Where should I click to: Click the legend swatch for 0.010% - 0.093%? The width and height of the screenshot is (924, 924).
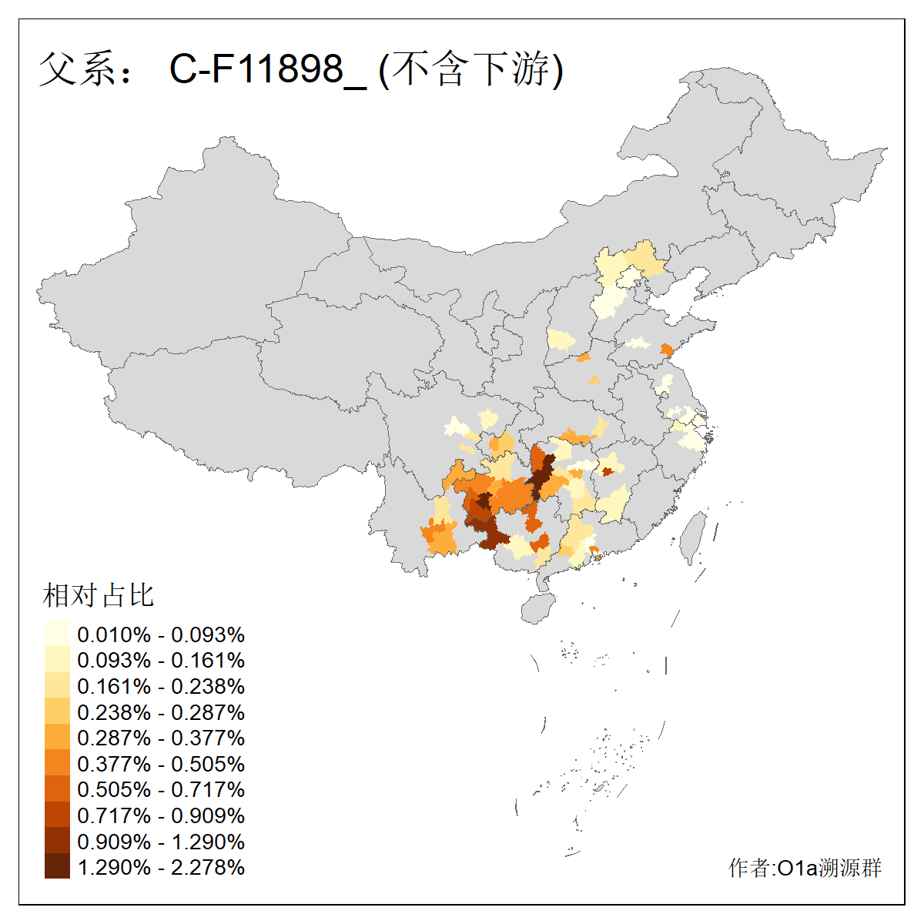pos(57,634)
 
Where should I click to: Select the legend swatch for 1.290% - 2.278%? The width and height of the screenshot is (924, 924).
pos(57,866)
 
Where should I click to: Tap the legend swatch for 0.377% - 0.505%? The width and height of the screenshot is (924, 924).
pos(57,763)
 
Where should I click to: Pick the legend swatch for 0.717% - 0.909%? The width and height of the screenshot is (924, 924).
pos(57,815)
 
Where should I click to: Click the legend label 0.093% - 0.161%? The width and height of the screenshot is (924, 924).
pos(161,660)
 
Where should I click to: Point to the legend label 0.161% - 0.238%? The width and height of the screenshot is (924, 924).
pos(161,686)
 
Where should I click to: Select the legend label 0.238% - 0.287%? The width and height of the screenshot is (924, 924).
pos(161,712)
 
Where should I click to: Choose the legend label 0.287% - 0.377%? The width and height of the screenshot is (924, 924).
pos(161,738)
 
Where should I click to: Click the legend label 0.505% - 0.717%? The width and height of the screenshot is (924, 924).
pos(161,789)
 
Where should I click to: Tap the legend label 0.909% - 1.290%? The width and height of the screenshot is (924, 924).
pos(161,841)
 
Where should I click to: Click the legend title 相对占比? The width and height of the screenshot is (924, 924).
pos(98,595)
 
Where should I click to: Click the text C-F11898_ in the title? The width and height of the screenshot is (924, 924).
pos(268,69)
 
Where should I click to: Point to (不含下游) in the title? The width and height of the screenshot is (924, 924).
pos(471,69)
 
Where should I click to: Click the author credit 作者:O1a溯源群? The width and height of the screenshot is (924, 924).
pos(805,868)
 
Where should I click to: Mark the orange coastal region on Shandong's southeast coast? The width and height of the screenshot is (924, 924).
pos(667,350)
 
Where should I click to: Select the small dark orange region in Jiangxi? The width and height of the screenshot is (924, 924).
pos(607,471)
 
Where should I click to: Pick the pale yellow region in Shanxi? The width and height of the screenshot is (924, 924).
pos(561,340)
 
